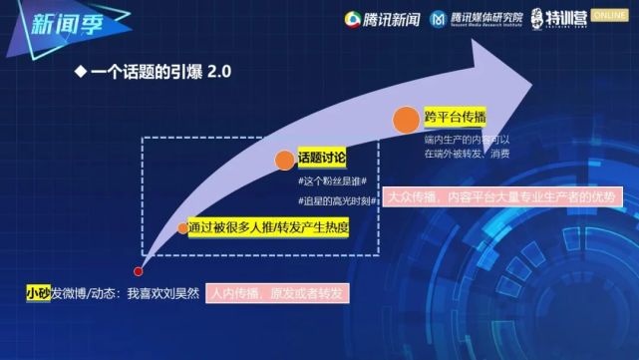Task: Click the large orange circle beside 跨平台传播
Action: tap(405, 120)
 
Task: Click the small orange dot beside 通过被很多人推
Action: tap(183, 227)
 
